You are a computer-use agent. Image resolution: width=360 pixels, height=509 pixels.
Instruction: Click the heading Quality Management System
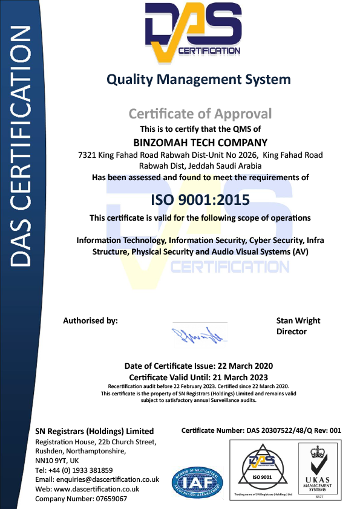point(198,79)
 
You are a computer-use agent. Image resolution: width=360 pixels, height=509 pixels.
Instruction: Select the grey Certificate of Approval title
point(200,114)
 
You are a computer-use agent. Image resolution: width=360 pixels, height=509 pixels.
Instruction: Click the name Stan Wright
point(298,320)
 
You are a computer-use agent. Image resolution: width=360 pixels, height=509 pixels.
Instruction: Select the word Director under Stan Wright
point(292,331)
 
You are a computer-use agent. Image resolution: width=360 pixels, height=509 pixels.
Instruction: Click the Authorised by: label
point(90,320)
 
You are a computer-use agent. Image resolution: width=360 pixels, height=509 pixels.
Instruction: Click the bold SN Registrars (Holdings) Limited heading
point(94,431)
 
